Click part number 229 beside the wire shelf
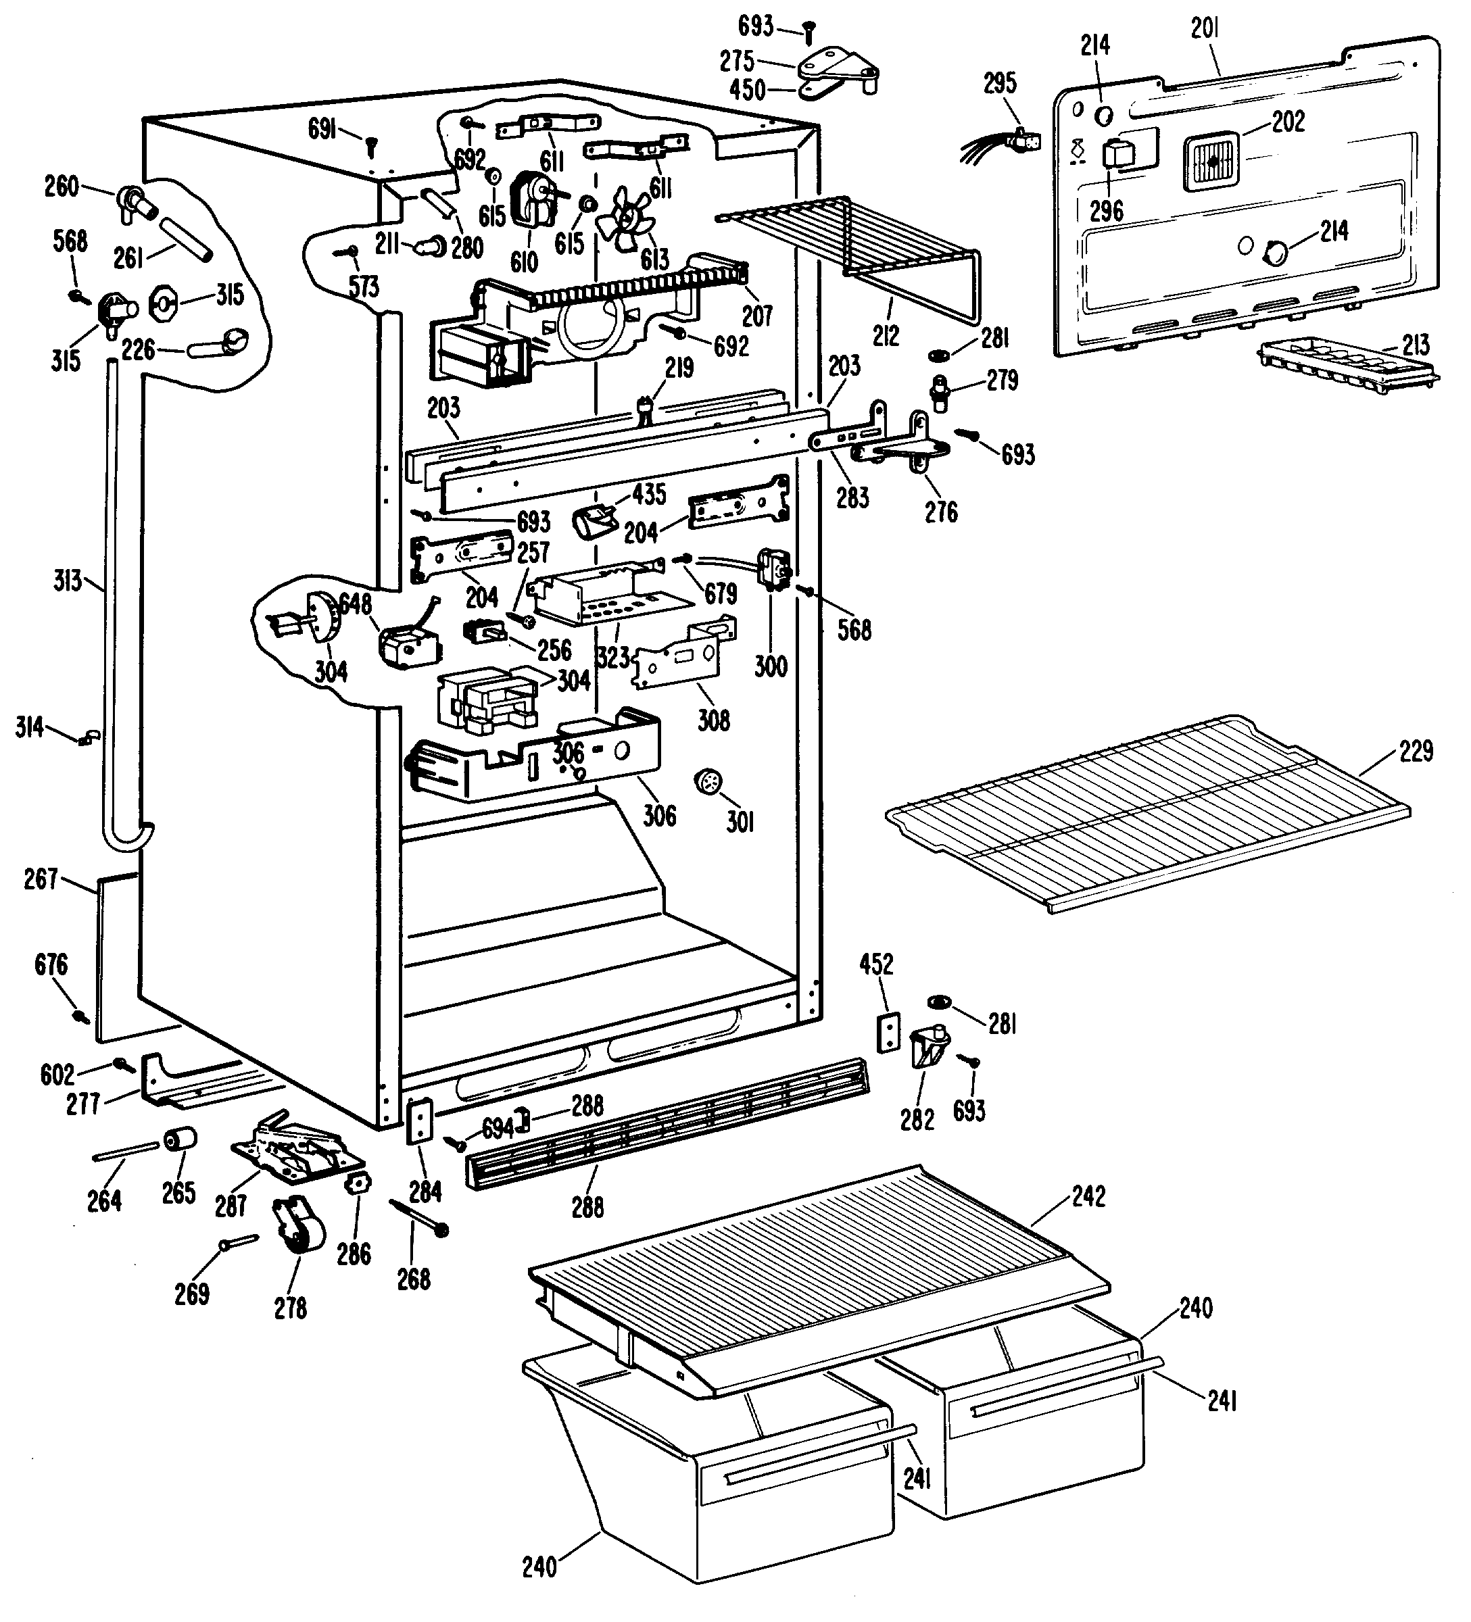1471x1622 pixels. coord(1416,752)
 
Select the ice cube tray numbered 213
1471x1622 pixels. coord(1348,365)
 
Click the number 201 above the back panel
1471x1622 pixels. coord(1205,28)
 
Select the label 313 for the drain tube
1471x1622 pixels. coord(68,580)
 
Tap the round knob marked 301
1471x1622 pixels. coord(707,783)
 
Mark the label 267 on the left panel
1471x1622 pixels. coord(41,879)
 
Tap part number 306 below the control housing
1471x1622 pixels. coord(660,816)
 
